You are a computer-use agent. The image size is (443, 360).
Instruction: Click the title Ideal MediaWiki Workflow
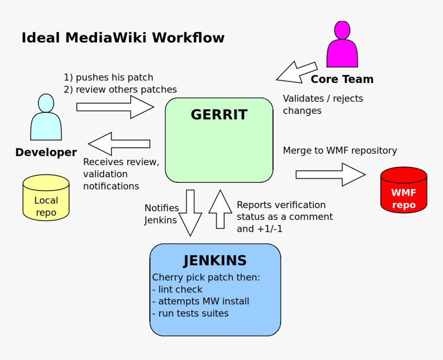coord(123,38)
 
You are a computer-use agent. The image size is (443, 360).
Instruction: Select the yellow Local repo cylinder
coord(46,198)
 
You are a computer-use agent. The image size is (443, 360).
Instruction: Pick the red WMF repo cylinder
coord(403,191)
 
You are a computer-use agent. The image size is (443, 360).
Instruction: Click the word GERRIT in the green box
coord(219,115)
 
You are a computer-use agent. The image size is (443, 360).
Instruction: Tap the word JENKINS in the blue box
coord(215,261)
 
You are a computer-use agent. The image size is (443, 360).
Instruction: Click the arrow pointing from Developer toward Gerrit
coord(115,107)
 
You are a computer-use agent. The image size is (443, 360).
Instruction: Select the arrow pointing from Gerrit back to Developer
coord(120,144)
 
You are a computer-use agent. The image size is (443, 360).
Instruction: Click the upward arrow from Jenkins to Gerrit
coord(220,209)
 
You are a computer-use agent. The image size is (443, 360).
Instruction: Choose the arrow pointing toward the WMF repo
coord(330,175)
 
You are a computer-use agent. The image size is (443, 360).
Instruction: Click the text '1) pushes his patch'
coord(108,78)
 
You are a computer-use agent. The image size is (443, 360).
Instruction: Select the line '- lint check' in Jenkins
coord(177,289)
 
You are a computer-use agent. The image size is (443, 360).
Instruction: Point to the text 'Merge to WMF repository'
coord(339,150)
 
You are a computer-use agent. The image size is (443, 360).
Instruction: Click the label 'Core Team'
coord(342,79)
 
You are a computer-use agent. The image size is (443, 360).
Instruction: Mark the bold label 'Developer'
coord(46,152)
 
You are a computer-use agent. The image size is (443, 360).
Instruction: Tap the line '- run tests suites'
coord(190,313)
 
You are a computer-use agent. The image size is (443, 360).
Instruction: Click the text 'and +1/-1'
coord(259,229)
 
